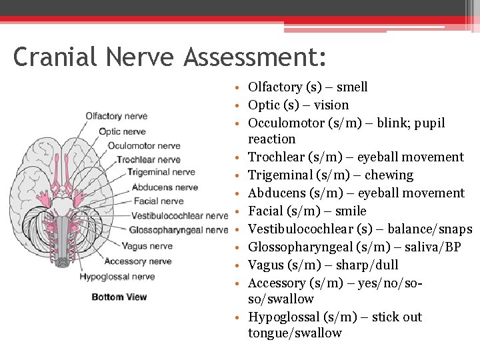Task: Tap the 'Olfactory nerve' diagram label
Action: point(116,116)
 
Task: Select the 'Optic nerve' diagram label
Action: point(122,131)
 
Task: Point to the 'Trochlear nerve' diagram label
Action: point(149,160)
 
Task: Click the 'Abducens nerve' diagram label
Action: point(165,187)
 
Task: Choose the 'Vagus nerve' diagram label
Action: point(147,246)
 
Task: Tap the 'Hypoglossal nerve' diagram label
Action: point(117,277)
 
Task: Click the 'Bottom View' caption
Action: point(119,297)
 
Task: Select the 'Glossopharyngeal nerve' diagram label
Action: point(179,230)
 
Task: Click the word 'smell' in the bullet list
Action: point(352,87)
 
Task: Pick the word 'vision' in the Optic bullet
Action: point(331,105)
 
